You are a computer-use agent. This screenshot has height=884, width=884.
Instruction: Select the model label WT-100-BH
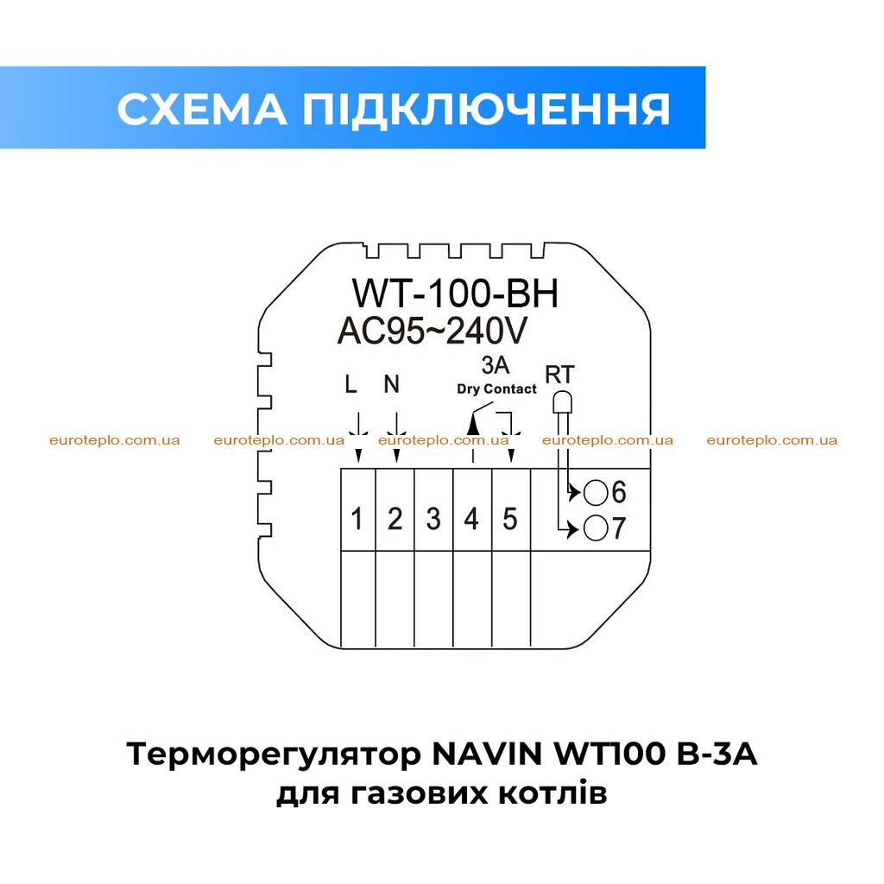456,294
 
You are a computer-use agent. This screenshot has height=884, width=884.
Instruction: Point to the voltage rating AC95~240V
432,331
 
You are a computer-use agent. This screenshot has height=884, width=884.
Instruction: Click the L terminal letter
350,384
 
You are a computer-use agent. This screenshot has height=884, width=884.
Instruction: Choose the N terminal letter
391,384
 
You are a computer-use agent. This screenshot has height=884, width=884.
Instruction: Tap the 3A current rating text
495,365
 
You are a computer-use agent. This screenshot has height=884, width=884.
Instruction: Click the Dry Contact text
496,389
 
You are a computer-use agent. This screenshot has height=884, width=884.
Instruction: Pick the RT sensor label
559,375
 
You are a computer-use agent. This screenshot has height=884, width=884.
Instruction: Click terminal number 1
357,519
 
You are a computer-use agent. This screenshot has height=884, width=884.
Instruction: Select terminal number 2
395,519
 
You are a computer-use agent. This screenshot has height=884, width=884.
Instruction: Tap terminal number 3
433,519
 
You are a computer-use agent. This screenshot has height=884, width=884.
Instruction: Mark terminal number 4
471,519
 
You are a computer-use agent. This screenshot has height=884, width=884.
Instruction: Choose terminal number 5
509,519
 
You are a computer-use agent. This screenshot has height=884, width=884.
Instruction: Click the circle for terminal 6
596,493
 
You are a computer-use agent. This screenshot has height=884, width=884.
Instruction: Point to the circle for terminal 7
596,529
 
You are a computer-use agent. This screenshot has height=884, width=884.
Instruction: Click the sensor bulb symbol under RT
562,402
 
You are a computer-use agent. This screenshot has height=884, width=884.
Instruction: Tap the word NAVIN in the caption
487,755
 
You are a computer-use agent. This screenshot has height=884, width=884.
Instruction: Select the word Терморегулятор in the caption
274,755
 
